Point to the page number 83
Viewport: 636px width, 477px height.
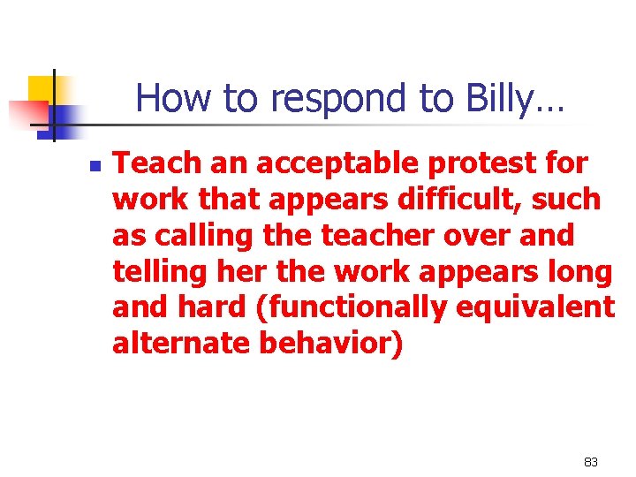(591, 462)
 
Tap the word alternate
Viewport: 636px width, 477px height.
(181, 344)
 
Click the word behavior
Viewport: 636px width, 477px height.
(330, 344)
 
